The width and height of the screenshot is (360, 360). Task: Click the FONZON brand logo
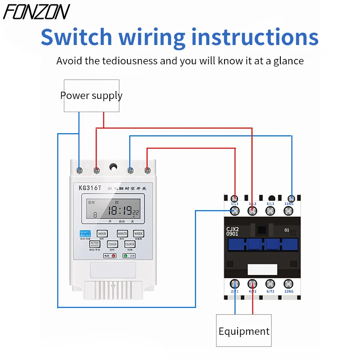(x=37, y=12)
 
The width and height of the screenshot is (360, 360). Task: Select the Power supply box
(x=91, y=95)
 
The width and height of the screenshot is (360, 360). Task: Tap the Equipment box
(x=244, y=331)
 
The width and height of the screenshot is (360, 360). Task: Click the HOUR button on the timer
(x=102, y=234)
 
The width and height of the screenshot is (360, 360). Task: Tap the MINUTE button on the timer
(x=122, y=234)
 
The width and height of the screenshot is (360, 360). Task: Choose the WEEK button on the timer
(x=138, y=234)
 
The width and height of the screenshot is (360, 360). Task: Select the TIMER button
(x=112, y=244)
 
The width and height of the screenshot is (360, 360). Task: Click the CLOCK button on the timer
(x=130, y=244)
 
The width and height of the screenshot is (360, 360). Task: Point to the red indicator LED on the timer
(x=113, y=256)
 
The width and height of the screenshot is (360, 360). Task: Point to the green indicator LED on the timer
(x=125, y=256)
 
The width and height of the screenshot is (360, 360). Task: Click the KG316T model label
(x=90, y=188)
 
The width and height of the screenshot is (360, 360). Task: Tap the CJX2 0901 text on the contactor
(x=232, y=232)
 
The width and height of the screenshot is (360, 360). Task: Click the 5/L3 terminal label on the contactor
(x=270, y=204)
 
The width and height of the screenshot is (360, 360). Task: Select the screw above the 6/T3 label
(x=270, y=283)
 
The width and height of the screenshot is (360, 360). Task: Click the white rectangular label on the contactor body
(x=262, y=269)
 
